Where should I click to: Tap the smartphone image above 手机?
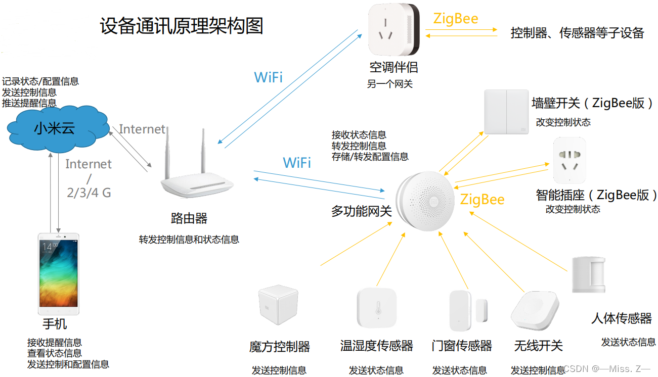(59, 273)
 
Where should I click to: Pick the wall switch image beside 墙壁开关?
(506, 112)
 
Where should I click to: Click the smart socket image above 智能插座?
(569, 161)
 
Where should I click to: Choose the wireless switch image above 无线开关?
(535, 310)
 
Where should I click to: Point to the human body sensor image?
(589, 274)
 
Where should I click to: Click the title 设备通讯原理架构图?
(182, 26)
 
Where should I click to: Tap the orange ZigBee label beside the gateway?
(482, 200)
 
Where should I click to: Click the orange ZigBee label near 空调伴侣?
(456, 19)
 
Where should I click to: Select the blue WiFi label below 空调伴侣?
(268, 77)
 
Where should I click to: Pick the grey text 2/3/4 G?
(89, 193)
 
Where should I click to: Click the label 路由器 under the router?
(189, 218)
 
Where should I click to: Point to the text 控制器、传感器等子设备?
(577, 33)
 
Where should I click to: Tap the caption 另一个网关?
(389, 84)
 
